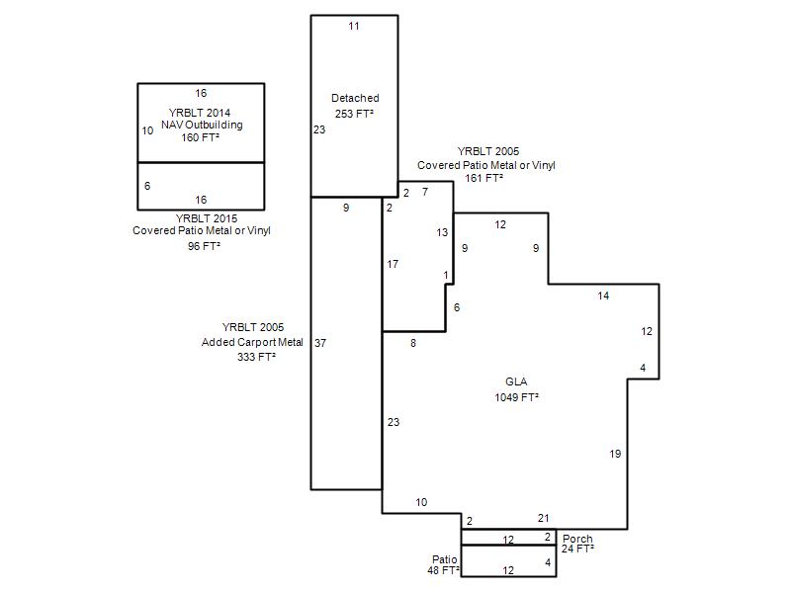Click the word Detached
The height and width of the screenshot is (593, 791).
click(355, 98)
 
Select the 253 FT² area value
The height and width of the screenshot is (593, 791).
click(354, 114)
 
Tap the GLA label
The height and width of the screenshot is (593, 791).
click(516, 381)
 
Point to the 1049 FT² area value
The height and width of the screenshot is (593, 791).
click(516, 397)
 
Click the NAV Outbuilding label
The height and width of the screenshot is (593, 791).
click(202, 125)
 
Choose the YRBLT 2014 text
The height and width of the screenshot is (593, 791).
click(200, 113)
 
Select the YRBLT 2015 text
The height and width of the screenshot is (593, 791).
click(207, 218)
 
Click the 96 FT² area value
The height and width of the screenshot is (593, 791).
click(204, 246)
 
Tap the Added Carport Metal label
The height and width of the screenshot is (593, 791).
click(252, 342)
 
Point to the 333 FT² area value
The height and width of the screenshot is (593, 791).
click(256, 357)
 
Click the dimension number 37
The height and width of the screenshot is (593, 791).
click(320, 343)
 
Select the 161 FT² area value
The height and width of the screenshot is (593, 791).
click(483, 178)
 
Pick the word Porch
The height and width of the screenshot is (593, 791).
click(577, 539)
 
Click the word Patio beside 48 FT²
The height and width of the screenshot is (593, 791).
click(444, 559)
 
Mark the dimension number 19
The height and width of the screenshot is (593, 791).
click(615, 454)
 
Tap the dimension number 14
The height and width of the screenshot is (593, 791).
click(603, 296)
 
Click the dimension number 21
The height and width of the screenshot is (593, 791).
click(543, 518)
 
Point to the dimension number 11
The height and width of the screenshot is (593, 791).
click(354, 27)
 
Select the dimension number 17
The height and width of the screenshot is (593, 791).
click(393, 264)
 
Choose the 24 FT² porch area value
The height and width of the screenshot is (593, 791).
click(577, 549)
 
